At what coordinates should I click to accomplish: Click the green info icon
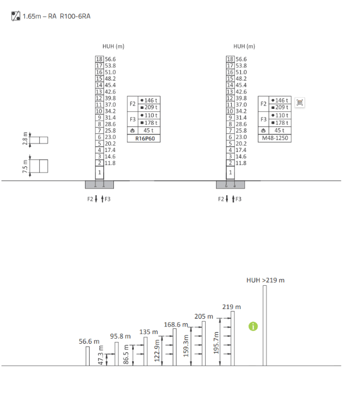coord(253,326)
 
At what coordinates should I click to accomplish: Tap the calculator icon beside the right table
coord(300,103)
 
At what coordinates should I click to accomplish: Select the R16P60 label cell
coord(143,138)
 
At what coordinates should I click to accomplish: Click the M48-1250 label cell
coord(275,138)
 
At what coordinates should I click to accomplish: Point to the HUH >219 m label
coord(265,280)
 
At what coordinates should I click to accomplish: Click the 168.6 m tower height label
coord(176,324)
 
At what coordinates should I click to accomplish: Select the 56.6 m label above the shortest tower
coord(89,341)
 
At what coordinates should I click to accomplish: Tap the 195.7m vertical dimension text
coord(216,343)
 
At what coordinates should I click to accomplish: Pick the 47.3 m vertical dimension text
coord(100,355)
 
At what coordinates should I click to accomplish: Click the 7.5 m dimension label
coord(25,166)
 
